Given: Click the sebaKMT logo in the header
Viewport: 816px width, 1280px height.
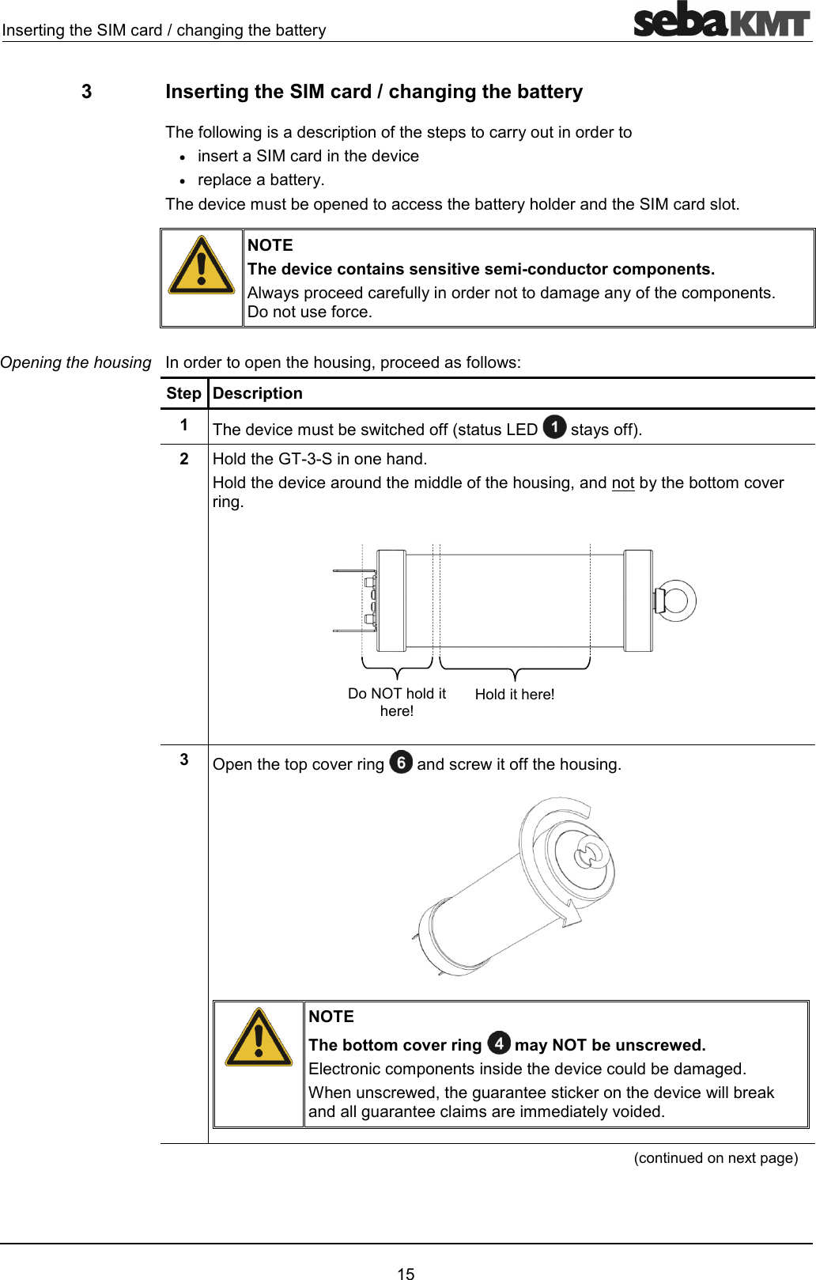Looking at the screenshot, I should [x=721, y=21].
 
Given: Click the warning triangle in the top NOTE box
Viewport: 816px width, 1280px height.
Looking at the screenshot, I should [x=202, y=266].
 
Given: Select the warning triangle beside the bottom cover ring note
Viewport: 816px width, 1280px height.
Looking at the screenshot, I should [x=259, y=1038].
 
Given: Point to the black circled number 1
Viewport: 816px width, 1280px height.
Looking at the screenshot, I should [x=554, y=427].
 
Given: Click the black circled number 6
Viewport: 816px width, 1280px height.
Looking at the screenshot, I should [x=401, y=762].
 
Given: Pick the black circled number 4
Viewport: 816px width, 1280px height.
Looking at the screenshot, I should [x=498, y=1043].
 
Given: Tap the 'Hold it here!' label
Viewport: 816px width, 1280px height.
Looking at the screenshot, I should [x=515, y=695].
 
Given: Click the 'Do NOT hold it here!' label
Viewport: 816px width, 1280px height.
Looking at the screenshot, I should [x=397, y=702].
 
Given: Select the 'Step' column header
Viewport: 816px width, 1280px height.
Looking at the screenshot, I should [x=183, y=393].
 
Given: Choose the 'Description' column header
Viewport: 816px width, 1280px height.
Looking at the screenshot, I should [x=258, y=393].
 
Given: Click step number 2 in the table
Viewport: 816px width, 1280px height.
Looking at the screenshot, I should [x=184, y=459].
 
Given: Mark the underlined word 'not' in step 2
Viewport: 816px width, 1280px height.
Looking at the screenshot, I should [x=623, y=483].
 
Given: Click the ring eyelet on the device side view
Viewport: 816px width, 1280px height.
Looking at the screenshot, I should [x=676, y=600].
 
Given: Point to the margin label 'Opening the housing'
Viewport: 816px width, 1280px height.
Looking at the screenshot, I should [x=76, y=362].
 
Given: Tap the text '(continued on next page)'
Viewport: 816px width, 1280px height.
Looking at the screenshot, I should [x=716, y=1157].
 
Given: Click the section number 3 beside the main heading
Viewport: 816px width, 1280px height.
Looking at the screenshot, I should [x=86, y=92].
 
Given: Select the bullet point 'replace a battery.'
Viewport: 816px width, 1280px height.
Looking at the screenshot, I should [x=261, y=180].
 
